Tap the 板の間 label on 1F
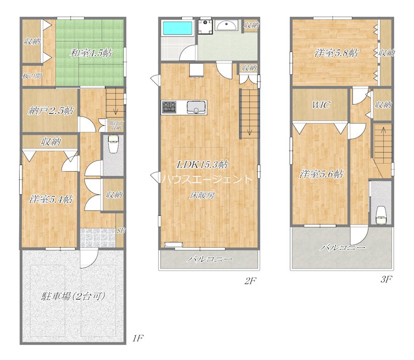pyautogui.click(x=32, y=76)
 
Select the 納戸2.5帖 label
pyautogui.click(x=50, y=111)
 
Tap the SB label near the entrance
pyautogui.click(x=121, y=231)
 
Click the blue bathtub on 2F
pyautogui.click(x=177, y=28)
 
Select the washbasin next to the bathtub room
pyautogui.click(x=226, y=26)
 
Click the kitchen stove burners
pyautogui.click(x=170, y=108)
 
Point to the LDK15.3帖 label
pyautogui.click(x=203, y=164)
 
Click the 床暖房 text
pyautogui.click(x=201, y=195)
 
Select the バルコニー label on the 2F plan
pyautogui.click(x=210, y=259)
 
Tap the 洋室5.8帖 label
pyautogui.click(x=336, y=52)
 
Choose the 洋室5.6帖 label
pyautogui.click(x=321, y=174)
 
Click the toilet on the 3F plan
pyautogui.click(x=381, y=213)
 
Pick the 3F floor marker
pyautogui.click(x=385, y=280)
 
